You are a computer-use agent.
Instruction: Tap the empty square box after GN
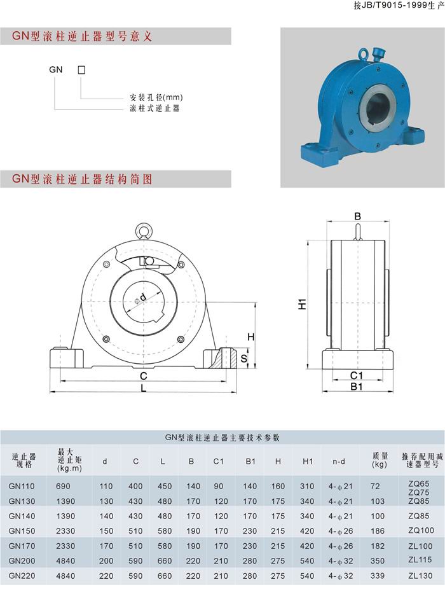click(81, 70)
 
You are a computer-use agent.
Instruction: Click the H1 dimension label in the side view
click(303, 304)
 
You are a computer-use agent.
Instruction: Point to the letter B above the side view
click(357, 216)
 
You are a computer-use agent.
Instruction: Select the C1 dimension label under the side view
click(357, 375)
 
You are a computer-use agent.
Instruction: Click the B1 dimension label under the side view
click(357, 387)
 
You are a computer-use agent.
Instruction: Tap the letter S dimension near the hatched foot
click(244, 358)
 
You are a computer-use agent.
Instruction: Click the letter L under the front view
click(144, 388)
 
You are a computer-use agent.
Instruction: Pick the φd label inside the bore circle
click(140, 298)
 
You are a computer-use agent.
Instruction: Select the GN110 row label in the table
click(22, 486)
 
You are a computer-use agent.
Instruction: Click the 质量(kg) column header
click(380, 460)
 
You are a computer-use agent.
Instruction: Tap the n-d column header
click(339, 461)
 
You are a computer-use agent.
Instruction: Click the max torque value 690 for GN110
click(63, 486)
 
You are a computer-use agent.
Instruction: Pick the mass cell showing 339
click(378, 576)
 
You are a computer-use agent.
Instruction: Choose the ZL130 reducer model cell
click(420, 576)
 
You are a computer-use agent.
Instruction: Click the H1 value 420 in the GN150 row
click(307, 531)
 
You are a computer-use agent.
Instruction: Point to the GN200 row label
click(22, 561)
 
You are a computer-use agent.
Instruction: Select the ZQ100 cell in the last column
click(421, 530)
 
